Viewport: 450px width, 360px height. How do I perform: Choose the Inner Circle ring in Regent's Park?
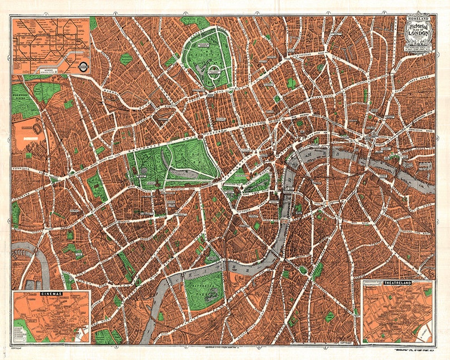(214, 70)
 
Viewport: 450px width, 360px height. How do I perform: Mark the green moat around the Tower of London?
(393, 154)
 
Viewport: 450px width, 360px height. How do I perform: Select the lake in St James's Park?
(258, 183)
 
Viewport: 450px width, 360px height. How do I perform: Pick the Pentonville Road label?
(300, 55)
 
